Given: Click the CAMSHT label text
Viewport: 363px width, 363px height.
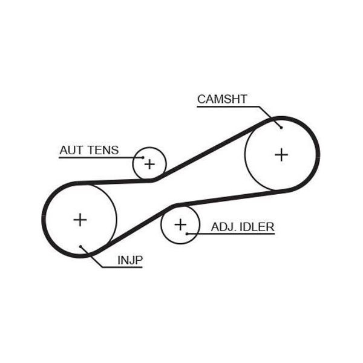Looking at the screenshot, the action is click(x=222, y=99).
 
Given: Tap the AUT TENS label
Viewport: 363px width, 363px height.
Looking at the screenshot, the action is click(x=89, y=150).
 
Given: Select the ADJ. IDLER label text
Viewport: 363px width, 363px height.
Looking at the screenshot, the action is click(x=243, y=227).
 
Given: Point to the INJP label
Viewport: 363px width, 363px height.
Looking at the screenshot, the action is click(x=130, y=260).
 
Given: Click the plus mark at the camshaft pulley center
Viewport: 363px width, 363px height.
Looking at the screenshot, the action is click(x=281, y=155).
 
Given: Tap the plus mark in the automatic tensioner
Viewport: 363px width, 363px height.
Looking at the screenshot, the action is click(x=149, y=164).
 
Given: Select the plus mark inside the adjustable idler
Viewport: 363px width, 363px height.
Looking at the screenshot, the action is click(x=180, y=224).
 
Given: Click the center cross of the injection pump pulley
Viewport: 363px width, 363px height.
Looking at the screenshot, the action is click(x=80, y=220).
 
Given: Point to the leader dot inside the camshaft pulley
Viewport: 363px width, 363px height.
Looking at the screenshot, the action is click(x=281, y=127).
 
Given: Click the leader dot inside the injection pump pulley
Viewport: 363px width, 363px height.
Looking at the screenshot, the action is click(x=80, y=247).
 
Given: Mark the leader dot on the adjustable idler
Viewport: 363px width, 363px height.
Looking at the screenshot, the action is click(x=187, y=234).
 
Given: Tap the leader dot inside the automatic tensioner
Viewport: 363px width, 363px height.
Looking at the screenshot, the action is click(x=143, y=157).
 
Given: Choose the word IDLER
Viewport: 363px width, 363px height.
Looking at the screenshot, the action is click(x=257, y=227).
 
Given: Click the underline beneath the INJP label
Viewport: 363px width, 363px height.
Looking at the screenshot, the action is click(x=122, y=267).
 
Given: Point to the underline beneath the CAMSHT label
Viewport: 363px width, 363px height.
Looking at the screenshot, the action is click(x=228, y=106).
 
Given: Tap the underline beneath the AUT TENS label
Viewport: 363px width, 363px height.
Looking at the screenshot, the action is click(x=101, y=158).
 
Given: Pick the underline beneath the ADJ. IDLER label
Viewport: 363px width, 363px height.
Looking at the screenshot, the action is click(x=231, y=234).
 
